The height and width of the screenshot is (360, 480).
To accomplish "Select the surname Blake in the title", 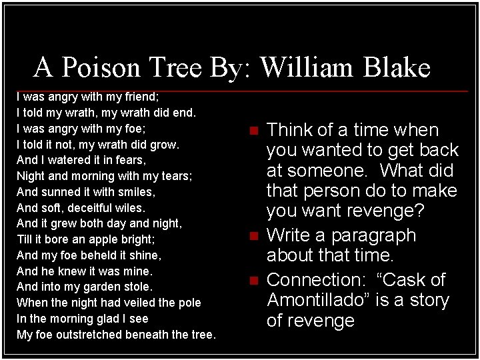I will coord(396,67).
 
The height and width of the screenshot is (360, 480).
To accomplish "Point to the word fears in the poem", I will coord(131,160).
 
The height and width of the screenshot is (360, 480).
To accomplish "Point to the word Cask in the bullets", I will coord(408,280).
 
